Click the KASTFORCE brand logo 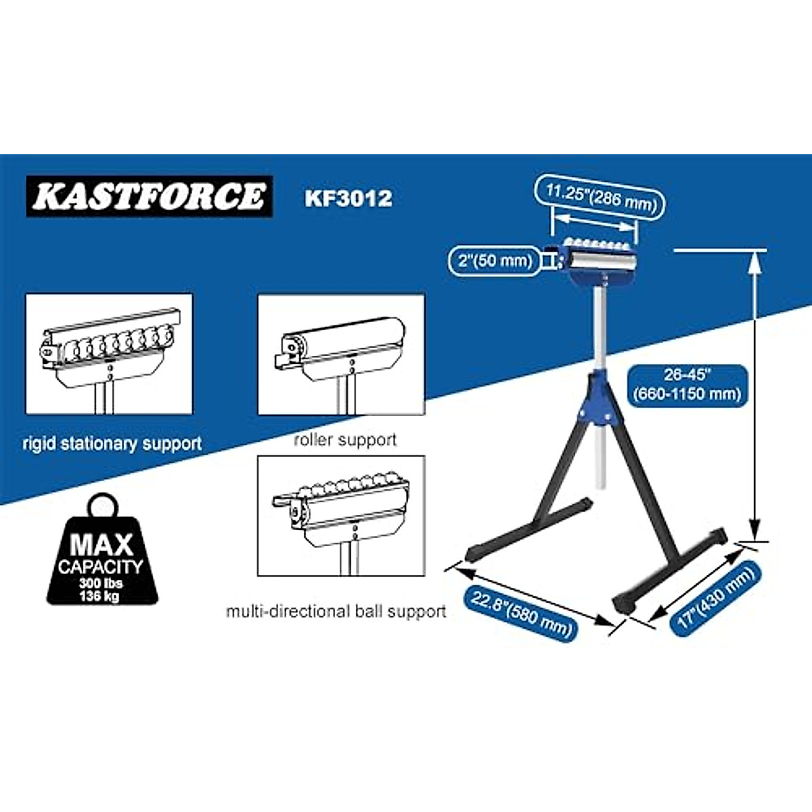pos(149,196)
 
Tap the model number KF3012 pos(348,198)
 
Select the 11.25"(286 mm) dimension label pos(602,197)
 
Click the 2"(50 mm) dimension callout pos(495,261)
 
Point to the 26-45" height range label pos(687,385)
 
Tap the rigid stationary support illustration pos(110,354)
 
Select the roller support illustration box pos(342,354)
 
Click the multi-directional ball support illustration pos(342,516)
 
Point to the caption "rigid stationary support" pos(112,444)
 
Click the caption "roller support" pos(345,440)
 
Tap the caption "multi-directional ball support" pos(336,612)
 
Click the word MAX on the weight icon pos(102,543)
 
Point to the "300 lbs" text pos(101,583)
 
